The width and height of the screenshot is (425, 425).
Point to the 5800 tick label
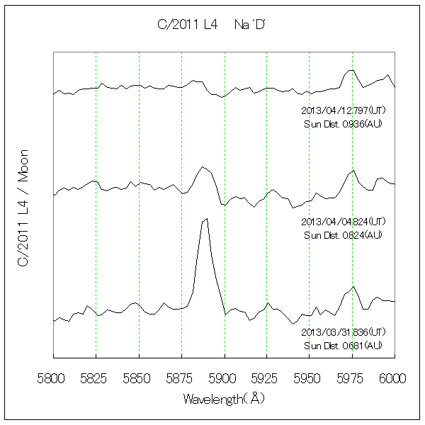(x=53, y=379)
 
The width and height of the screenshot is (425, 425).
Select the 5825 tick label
(x=96, y=379)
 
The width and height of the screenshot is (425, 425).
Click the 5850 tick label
(x=139, y=379)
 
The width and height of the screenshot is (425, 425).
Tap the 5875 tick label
(x=181, y=379)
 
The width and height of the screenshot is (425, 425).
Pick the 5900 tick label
(x=224, y=379)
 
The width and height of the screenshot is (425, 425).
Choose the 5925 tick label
(x=266, y=379)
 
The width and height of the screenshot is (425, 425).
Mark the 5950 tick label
(x=309, y=379)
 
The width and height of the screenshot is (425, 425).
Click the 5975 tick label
(x=352, y=379)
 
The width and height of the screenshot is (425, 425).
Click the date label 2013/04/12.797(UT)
(x=343, y=110)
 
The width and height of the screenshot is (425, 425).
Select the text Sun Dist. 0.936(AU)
(x=343, y=124)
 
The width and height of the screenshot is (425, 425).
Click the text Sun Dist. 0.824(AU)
(x=343, y=234)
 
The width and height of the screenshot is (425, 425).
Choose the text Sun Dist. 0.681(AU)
(x=343, y=345)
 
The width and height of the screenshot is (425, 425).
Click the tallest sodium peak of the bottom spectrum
(x=205, y=220)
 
